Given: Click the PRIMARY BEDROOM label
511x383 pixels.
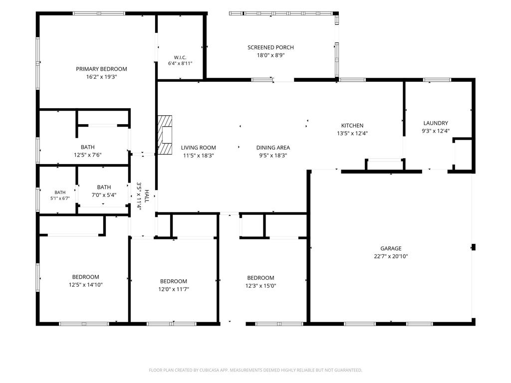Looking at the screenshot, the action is click(x=101, y=69).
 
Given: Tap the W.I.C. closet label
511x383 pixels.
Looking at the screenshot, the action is click(x=180, y=57).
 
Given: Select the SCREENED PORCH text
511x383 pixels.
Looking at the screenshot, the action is click(x=270, y=47).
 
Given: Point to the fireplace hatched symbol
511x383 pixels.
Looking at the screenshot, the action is click(x=165, y=135).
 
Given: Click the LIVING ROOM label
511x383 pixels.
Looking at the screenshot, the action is click(x=199, y=148).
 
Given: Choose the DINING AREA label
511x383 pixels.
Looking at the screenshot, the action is click(x=273, y=148).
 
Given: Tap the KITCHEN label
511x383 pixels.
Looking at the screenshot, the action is click(x=352, y=125).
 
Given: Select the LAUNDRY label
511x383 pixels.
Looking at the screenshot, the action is click(x=436, y=123).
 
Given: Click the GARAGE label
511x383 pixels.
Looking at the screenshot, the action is click(x=391, y=248).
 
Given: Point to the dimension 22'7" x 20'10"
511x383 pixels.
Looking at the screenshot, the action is click(x=391, y=256).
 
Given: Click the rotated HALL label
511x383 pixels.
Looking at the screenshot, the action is click(x=147, y=196).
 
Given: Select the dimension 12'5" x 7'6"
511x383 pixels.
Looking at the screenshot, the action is click(x=88, y=155).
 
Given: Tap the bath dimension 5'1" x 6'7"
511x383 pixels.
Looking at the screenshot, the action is click(x=60, y=198).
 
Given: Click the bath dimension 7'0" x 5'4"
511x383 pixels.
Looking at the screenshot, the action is click(x=104, y=195).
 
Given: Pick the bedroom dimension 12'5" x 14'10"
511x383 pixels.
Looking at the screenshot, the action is click(x=86, y=285).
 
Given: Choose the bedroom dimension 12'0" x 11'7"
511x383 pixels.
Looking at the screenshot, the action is click(x=174, y=289).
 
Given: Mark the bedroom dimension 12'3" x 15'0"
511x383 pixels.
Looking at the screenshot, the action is click(x=260, y=286).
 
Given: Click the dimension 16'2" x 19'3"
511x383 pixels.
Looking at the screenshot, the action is click(x=101, y=77).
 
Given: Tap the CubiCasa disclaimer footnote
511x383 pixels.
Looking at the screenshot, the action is click(x=255, y=370).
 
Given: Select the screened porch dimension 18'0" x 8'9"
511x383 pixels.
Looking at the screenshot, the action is click(x=271, y=55).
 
